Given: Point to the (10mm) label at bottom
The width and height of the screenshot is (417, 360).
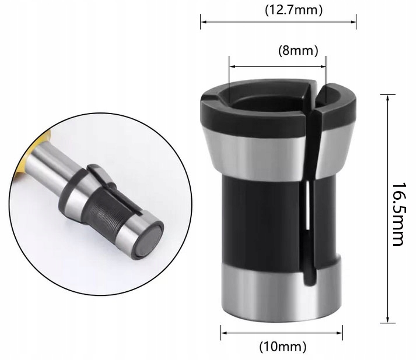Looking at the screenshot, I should coord(282,347).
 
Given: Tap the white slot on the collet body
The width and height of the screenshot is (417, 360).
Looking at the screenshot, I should coord(306,207).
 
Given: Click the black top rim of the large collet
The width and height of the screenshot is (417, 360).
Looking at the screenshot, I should coord(233,114).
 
